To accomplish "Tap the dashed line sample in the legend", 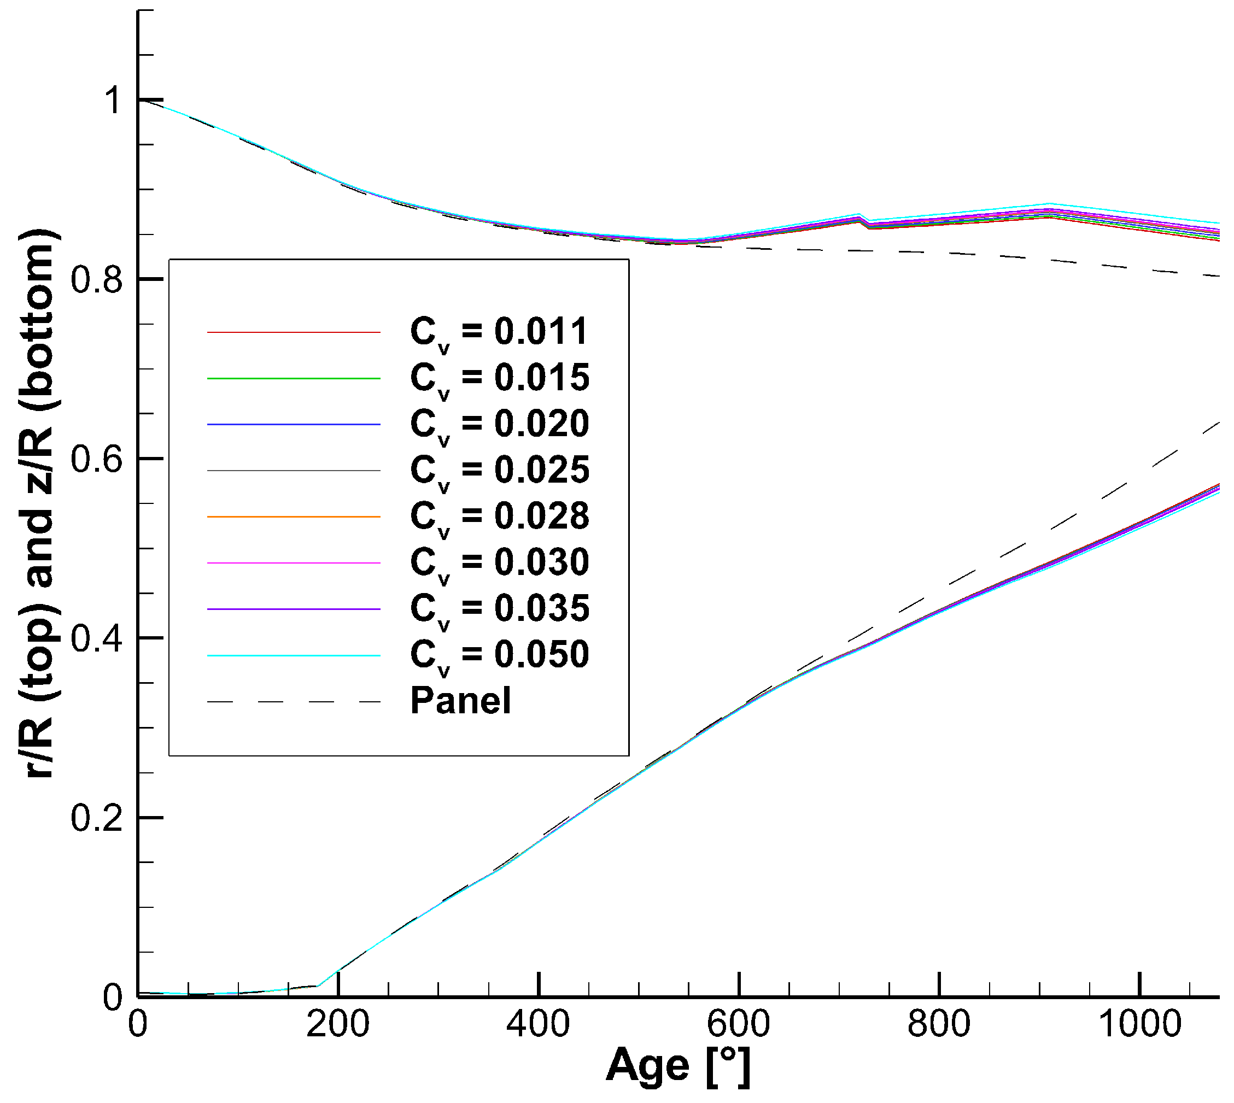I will tap(294, 702).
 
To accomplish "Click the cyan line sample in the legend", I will tap(294, 656).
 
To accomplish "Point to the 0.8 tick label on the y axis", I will tap(96, 280).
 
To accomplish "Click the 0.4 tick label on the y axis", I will tap(96, 639).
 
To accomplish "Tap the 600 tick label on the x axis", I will tap(738, 1024).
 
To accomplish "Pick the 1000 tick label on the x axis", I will tap(1139, 1024).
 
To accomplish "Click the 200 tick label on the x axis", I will tap(337, 1024).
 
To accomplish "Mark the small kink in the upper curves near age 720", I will tap(863, 219).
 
